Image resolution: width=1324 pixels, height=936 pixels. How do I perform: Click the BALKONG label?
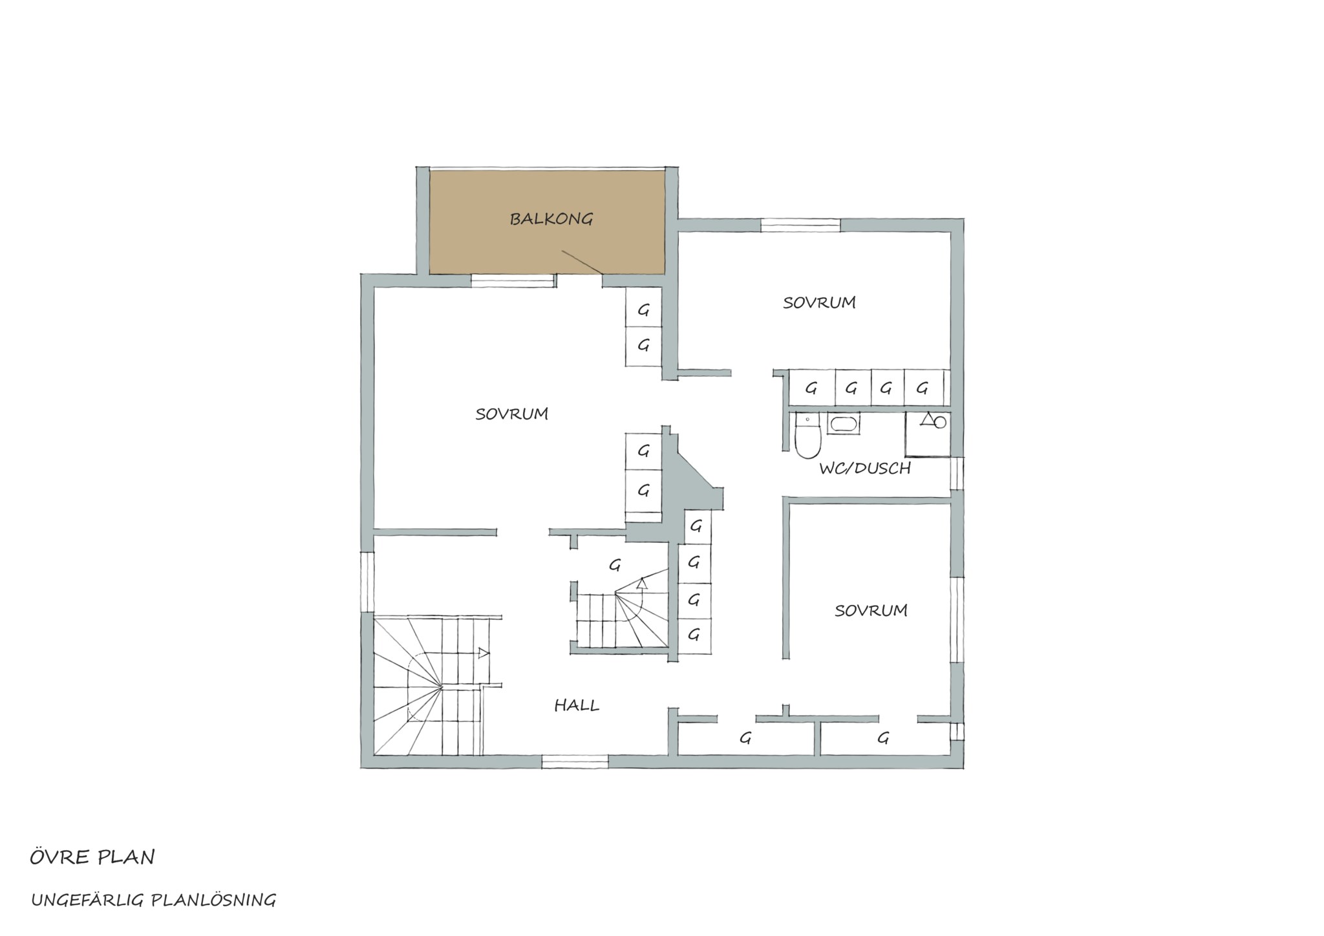551,219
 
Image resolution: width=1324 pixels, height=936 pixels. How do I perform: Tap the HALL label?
577,705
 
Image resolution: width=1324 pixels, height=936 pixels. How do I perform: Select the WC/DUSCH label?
865,468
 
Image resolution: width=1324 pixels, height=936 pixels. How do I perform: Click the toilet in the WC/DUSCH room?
807,437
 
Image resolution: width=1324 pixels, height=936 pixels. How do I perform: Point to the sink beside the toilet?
844,424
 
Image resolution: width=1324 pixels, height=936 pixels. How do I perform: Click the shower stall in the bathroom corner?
927,434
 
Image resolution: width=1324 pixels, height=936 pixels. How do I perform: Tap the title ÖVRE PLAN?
92,857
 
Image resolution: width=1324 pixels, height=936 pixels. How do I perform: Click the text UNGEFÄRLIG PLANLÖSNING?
154,900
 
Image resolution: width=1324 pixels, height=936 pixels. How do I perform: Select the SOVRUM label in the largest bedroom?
511,414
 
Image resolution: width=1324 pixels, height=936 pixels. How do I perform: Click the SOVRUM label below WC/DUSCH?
871,610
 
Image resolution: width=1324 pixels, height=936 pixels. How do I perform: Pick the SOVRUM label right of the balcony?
819,303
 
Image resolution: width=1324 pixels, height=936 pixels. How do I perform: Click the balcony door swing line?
582,262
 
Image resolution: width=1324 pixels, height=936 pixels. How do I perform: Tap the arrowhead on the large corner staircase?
483,653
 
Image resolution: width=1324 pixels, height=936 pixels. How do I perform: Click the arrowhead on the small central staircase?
641,584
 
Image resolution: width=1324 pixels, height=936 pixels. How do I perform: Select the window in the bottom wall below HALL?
575,761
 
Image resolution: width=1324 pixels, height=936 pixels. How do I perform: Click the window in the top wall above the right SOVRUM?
800,225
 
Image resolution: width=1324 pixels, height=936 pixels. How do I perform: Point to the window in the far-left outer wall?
367,581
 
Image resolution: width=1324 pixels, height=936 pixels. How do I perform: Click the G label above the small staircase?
615,565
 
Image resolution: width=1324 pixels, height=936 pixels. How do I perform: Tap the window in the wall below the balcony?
513,281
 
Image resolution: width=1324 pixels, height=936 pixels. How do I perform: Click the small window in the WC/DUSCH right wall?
957,473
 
